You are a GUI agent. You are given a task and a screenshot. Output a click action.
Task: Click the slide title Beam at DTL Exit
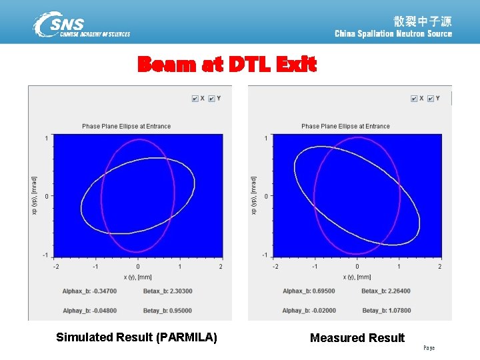point(227,65)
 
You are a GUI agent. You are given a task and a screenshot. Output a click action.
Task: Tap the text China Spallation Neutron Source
point(393,33)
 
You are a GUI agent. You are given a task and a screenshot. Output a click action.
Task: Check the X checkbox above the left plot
point(195,99)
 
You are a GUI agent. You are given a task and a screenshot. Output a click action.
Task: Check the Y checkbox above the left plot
point(211,99)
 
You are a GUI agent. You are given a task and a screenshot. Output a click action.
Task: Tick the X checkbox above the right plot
point(414,99)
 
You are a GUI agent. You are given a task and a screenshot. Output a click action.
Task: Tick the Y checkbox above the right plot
point(431,99)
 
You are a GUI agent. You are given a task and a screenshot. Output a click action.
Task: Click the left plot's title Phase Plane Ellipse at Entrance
point(126,126)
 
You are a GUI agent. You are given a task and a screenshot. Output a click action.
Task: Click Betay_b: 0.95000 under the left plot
point(167,310)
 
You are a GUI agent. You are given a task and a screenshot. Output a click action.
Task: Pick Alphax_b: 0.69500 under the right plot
point(309,291)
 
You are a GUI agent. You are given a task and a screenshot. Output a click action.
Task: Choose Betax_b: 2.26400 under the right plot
point(386,291)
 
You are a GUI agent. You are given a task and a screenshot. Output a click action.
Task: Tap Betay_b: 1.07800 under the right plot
point(387,310)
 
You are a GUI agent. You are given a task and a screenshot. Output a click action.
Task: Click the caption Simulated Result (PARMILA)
point(136,337)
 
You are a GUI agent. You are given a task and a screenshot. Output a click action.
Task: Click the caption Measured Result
point(357,338)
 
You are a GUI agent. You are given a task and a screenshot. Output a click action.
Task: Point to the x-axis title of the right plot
point(357,277)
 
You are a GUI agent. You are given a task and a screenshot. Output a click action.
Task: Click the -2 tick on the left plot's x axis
point(55,267)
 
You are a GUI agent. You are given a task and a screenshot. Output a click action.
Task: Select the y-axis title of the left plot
point(35,196)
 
